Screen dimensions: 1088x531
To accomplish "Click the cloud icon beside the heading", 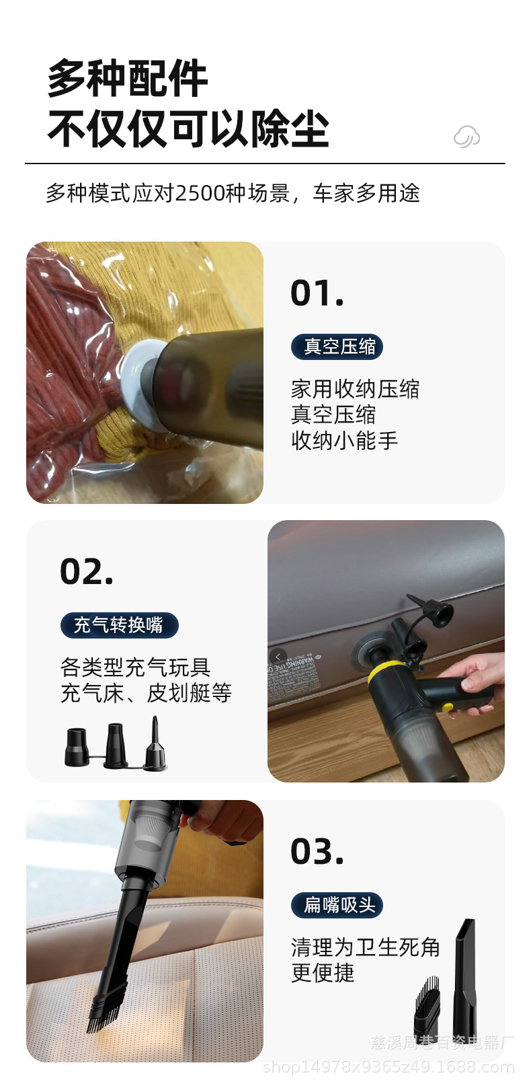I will point(466,137).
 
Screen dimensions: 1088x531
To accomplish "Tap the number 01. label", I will point(317,293).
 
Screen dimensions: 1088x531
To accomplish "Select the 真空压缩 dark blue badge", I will point(337,347).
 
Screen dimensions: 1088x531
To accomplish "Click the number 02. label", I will point(87,572).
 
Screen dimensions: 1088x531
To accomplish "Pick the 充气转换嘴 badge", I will point(120,625).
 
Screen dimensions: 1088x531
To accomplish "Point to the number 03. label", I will point(317,852).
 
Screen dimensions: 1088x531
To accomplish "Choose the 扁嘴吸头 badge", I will point(337,905).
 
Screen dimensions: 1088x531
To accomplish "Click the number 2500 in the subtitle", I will point(200,193).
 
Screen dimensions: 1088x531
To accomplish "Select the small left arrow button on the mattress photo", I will point(278,657).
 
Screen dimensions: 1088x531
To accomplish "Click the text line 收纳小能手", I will point(344,441).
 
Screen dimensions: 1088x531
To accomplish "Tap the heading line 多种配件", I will point(127,79).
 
